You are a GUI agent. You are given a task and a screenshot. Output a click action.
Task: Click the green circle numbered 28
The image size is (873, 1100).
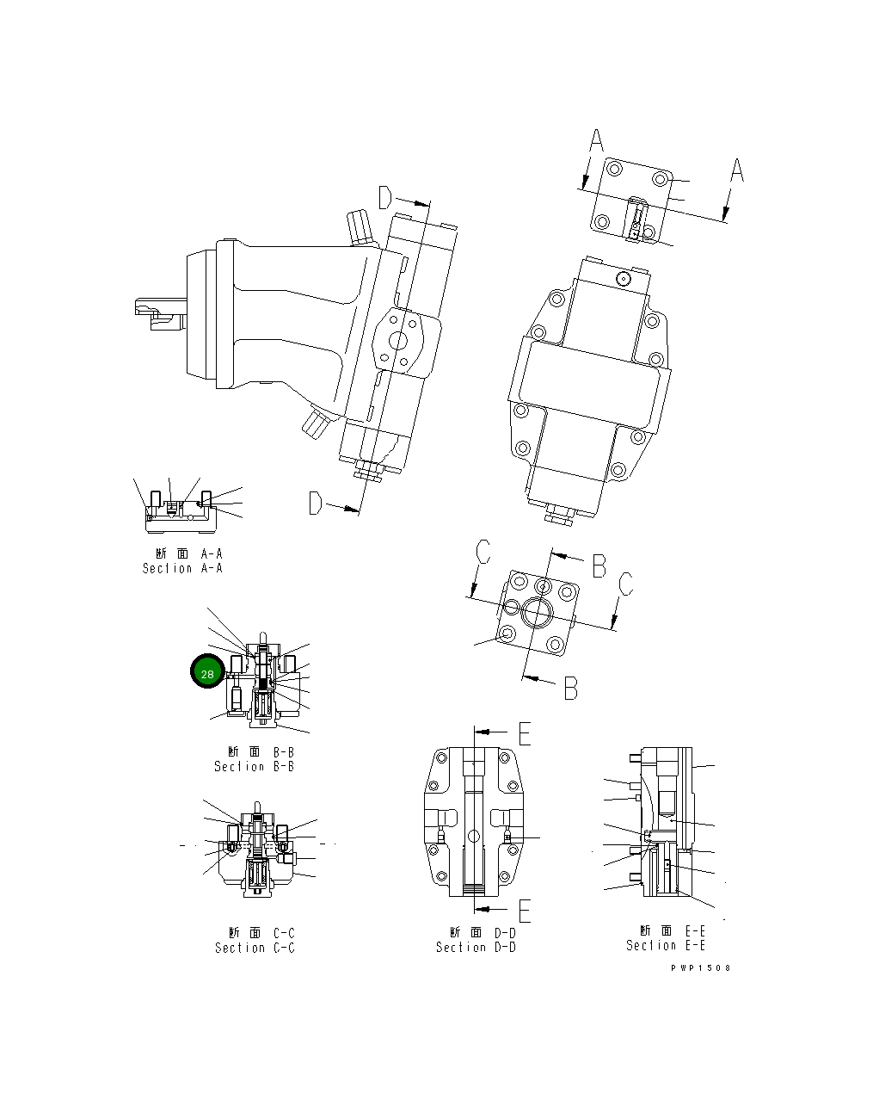(x=206, y=674)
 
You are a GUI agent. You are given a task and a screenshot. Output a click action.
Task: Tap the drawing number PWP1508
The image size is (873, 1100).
(x=701, y=967)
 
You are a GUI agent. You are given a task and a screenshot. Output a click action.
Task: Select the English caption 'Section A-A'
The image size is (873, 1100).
(x=182, y=568)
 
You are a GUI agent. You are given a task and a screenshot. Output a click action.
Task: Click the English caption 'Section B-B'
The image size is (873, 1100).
(x=254, y=766)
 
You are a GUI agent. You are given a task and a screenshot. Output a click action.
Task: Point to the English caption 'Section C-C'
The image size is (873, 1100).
(x=255, y=948)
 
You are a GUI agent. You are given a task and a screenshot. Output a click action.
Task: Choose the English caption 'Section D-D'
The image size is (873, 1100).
(x=476, y=947)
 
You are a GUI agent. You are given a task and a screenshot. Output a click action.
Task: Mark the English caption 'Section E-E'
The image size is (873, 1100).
(x=666, y=945)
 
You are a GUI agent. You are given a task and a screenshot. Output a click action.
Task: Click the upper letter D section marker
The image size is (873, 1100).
(x=385, y=198)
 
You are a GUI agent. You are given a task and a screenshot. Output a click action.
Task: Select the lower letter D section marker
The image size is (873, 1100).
(x=316, y=504)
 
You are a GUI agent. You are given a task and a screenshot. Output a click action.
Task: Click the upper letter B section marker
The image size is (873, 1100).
(x=599, y=565)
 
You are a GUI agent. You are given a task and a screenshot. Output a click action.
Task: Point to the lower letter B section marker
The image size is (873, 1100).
(x=570, y=688)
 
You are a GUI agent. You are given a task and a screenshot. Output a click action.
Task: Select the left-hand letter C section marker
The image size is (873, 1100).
(x=483, y=552)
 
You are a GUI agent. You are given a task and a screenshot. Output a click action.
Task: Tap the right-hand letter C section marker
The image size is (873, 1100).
(x=626, y=584)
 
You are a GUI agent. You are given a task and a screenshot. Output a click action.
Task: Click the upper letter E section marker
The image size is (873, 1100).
(x=524, y=732)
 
